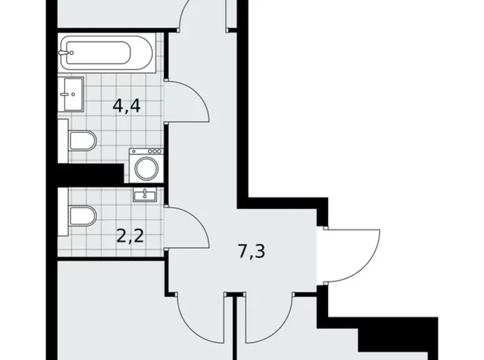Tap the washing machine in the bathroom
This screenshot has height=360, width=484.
(146, 166)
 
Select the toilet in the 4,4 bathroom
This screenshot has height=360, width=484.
(82, 142)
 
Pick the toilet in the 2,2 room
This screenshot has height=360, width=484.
(82, 216)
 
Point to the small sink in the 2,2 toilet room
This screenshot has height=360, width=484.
(144, 195)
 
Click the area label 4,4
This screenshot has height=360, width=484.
(127, 106)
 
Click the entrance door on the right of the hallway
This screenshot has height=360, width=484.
(354, 254)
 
